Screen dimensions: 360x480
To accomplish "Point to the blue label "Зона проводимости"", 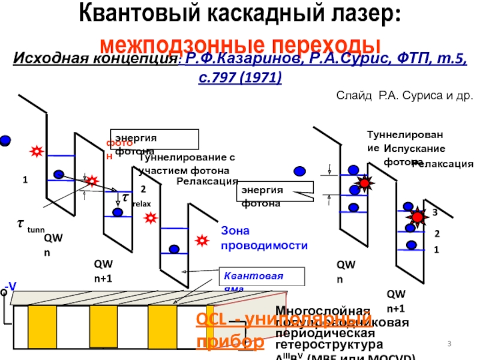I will pyautogui.click(x=265, y=238).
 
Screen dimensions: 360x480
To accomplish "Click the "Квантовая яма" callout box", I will pyautogui.click(x=262, y=277).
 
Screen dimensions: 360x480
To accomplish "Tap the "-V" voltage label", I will pyautogui.click(x=10, y=286).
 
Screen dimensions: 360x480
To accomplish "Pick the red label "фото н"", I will pyautogui.click(x=114, y=149).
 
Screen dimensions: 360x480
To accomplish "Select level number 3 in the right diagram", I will pyautogui.click(x=434, y=212).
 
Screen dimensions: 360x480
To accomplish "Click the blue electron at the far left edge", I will pyautogui.click(x=5, y=140).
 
